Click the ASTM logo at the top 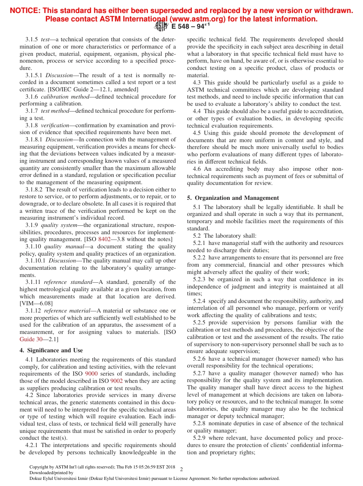[x=161, y=26]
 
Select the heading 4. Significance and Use [x=51, y=350]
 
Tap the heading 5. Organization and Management [x=233, y=198]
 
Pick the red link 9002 [x=116, y=381]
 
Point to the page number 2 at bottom [x=181, y=469]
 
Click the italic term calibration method [x=65, y=97]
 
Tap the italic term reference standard [x=68, y=282]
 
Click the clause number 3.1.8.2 [x=35, y=190]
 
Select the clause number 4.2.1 [x=32, y=445]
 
